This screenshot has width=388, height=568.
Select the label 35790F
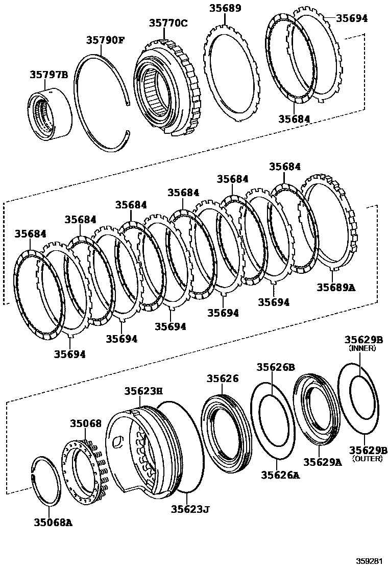(x=105, y=39)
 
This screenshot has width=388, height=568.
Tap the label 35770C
(x=168, y=23)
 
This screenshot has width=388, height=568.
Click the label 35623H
(x=143, y=391)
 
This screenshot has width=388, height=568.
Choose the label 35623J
(x=190, y=509)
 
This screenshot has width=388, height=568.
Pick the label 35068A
(x=54, y=522)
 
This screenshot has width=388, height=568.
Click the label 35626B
(x=276, y=367)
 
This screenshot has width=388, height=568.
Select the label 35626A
(x=281, y=475)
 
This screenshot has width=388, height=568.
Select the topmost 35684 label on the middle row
(x=285, y=167)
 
